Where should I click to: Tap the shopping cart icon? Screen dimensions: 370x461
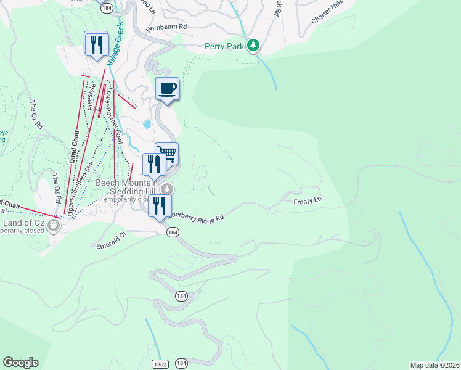pyautogui.click(x=167, y=152)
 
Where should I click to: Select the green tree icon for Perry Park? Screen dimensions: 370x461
pyautogui.click(x=253, y=46)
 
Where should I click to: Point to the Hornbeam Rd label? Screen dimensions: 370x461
pyautogui.click(x=166, y=28)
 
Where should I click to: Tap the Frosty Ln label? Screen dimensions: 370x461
pyautogui.click(x=308, y=201)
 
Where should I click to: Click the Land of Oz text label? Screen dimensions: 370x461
pyautogui.click(x=25, y=222)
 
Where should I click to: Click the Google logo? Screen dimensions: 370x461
pyautogui.click(x=20, y=363)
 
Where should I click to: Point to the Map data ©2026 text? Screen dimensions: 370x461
pyautogui.click(x=434, y=365)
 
